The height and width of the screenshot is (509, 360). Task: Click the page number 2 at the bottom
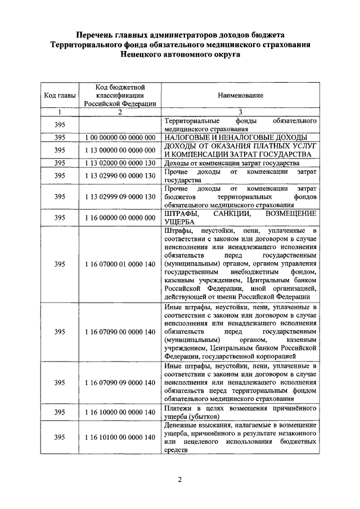(x=179, y=480)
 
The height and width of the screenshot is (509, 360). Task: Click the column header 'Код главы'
(x=60, y=95)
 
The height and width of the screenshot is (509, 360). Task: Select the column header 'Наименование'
(x=240, y=95)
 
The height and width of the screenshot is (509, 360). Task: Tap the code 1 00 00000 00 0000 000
(x=120, y=137)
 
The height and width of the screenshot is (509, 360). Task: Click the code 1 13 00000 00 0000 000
(x=120, y=150)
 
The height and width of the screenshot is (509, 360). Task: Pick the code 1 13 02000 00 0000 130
(x=120, y=163)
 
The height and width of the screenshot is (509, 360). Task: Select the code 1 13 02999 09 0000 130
(x=120, y=197)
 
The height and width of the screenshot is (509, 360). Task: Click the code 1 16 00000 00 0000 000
(x=120, y=218)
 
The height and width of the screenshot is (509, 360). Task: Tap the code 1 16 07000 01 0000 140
(x=120, y=264)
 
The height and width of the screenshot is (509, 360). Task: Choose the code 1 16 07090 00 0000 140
(x=120, y=332)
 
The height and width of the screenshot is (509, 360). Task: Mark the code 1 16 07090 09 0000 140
(x=120, y=382)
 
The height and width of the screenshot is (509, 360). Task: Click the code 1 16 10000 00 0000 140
(x=120, y=412)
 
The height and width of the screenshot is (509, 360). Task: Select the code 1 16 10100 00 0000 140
(x=120, y=437)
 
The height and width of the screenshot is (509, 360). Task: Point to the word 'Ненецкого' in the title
(x=145, y=55)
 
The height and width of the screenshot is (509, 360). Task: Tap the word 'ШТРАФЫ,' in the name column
(x=181, y=214)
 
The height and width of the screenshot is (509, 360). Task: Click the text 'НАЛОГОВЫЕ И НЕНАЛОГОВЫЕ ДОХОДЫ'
(x=235, y=137)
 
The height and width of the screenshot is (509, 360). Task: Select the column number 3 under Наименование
(x=240, y=111)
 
